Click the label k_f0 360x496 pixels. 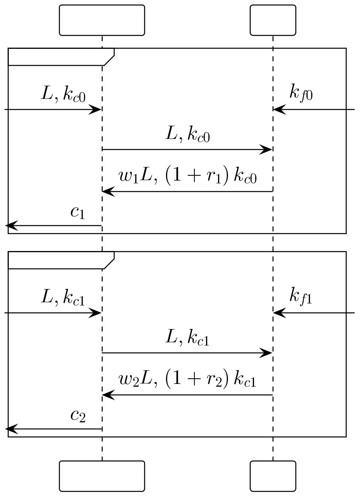coord(300,94)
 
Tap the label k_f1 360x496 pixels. coord(300,297)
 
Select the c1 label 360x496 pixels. coord(78,213)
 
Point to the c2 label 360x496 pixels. coord(78,416)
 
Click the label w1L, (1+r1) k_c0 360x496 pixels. coord(188,176)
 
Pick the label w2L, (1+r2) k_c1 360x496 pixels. coord(188,380)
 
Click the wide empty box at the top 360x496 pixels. coord(102,20)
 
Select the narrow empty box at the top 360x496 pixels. coord(273,20)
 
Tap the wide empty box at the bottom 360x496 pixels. coord(102,476)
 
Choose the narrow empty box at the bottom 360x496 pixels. coord(273,476)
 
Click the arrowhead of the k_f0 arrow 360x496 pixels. coord(278,109)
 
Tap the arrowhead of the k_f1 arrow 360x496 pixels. coord(278,313)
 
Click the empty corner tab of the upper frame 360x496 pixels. coord(60,56)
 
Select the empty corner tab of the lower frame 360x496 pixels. coord(60,260)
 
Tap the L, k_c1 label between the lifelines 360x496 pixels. coord(187,339)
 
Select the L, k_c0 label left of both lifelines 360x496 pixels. coord(63,94)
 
